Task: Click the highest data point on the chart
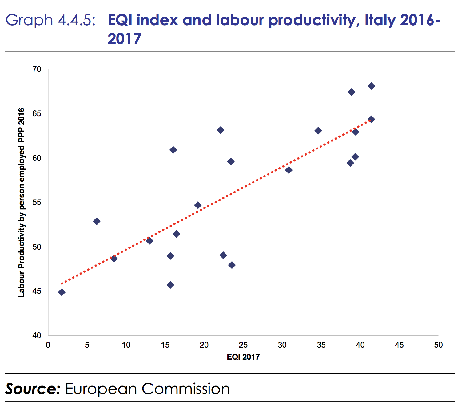pos(371,86)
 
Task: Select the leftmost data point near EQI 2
pos(62,292)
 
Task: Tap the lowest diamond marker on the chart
pos(62,292)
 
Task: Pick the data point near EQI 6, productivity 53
pos(97,221)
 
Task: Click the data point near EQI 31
pos(289,170)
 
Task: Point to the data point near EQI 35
pos(318,131)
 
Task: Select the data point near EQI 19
pos(198,205)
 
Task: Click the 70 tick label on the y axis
pos(37,69)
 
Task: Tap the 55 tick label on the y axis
pos(37,203)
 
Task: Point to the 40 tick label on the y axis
pos(37,336)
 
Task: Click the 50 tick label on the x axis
pos(438,345)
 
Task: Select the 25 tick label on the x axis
pos(243,345)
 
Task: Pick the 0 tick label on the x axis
pos(48,345)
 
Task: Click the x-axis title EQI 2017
pos(243,357)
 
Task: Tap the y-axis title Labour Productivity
pos(21,203)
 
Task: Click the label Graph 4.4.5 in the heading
pos(50,20)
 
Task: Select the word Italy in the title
pos(380,20)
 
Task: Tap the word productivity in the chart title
pos(311,20)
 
